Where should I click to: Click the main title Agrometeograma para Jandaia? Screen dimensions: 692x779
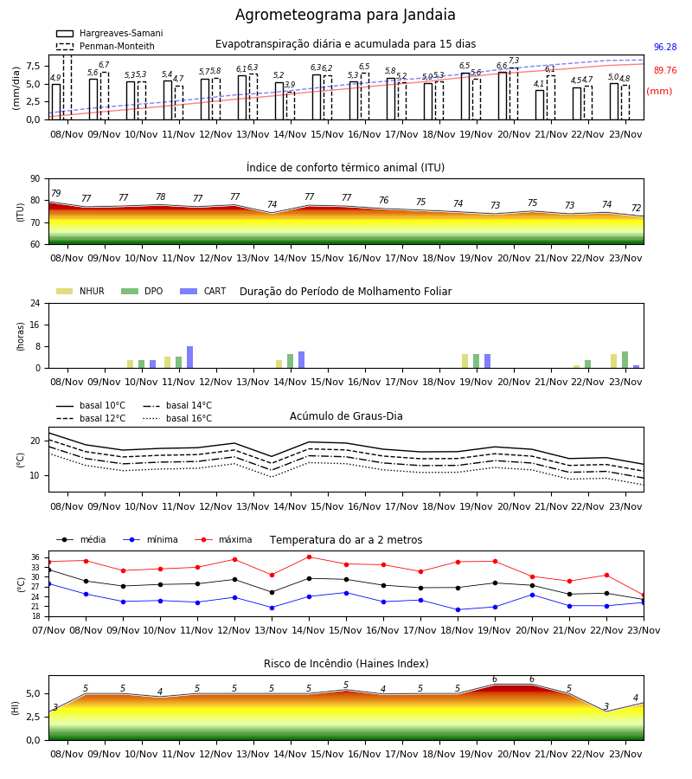(345, 15)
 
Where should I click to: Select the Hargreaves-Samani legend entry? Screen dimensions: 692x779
(109, 33)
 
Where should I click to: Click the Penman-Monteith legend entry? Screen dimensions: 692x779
(106, 46)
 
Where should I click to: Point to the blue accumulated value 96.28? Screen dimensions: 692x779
(665, 48)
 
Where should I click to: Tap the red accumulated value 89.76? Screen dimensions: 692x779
(665, 71)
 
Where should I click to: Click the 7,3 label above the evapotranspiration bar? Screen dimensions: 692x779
(514, 61)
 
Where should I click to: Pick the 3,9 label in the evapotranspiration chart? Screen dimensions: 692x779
(290, 85)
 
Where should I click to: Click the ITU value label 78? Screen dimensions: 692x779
(160, 196)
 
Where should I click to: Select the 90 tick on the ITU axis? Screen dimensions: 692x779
(35, 179)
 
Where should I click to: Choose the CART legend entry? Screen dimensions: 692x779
(203, 291)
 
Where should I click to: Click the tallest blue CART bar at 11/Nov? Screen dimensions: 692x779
(189, 357)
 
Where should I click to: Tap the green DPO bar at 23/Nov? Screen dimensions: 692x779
(625, 360)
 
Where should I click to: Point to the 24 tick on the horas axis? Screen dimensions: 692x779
(35, 303)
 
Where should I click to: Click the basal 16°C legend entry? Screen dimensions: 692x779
(177, 418)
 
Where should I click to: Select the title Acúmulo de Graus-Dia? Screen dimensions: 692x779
(346, 416)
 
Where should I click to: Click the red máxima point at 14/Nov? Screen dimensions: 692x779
(310, 557)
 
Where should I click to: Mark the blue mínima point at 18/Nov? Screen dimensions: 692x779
(458, 609)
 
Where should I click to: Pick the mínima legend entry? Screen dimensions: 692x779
(151, 539)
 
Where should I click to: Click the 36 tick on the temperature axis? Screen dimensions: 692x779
(35, 557)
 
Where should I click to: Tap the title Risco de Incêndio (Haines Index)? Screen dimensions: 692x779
(346, 664)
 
